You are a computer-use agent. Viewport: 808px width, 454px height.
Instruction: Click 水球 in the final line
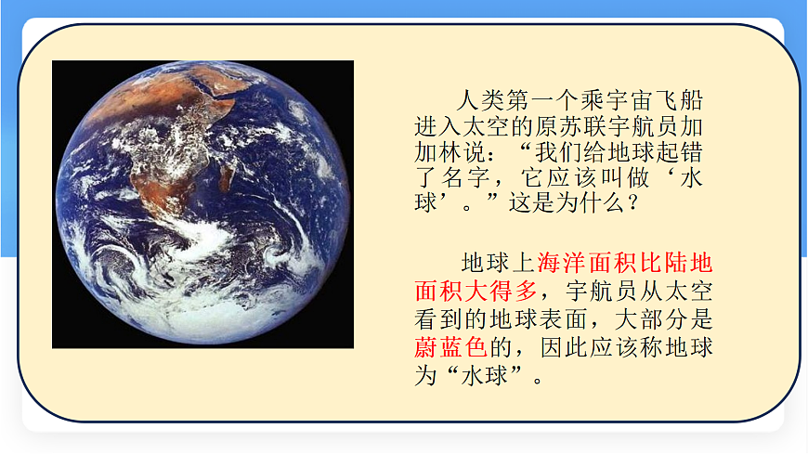pos(481,377)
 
